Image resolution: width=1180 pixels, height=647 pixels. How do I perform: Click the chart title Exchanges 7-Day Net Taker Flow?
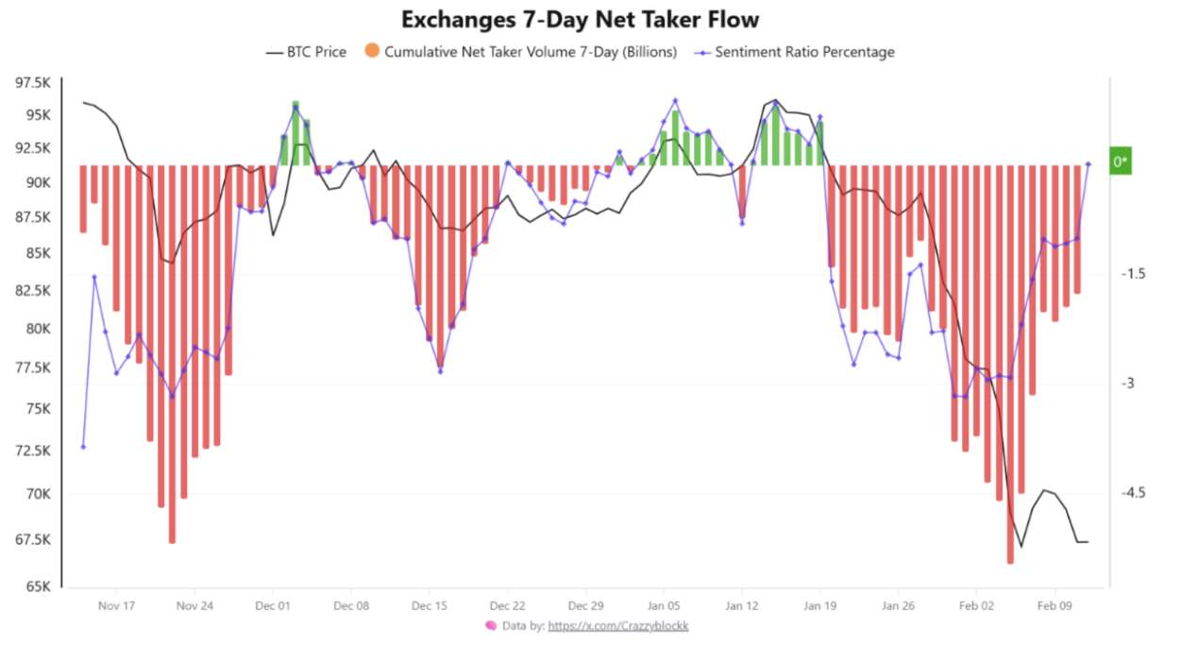point(581,19)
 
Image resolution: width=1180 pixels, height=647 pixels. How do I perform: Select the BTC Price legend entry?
point(306,52)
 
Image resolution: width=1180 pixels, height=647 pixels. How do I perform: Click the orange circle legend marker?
point(371,51)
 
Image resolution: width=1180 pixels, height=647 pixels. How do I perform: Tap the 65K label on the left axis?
point(37,587)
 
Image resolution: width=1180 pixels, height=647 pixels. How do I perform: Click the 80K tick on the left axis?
point(37,329)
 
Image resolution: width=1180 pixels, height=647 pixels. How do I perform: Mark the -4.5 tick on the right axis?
point(1133,493)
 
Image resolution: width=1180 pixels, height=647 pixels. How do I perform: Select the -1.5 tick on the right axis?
point(1133,273)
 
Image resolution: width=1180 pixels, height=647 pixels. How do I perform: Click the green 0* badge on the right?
point(1121,162)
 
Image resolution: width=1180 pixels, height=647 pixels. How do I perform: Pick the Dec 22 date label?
point(508,605)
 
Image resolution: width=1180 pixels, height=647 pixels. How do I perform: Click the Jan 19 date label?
point(820,605)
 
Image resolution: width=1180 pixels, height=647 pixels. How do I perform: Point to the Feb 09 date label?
point(1055,605)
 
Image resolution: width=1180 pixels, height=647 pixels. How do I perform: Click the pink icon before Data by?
point(491,625)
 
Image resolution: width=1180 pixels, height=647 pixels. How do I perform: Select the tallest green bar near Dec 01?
point(295,132)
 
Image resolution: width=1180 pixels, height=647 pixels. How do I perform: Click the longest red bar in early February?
point(1010,364)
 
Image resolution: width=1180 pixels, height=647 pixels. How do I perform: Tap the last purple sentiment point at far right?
point(1088,163)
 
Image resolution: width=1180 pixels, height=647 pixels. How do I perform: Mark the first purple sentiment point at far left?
point(83,447)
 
